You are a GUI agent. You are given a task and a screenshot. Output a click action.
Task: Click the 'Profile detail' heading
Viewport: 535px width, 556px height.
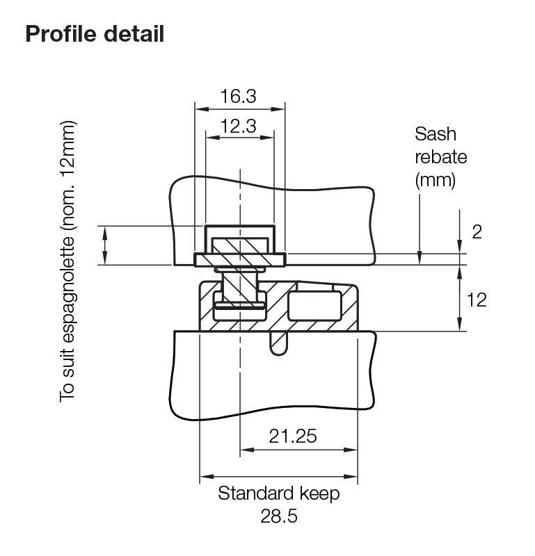[95, 33]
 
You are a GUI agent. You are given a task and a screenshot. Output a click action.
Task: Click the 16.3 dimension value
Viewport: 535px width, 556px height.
[239, 97]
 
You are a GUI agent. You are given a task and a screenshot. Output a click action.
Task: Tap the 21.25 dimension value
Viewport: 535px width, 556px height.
[293, 436]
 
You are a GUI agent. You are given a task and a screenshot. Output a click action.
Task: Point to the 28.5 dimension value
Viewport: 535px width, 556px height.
[280, 518]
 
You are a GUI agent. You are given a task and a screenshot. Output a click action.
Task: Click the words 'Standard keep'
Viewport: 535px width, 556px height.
[279, 494]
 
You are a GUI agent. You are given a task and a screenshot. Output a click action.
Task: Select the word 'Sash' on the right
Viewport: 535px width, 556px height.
[436, 133]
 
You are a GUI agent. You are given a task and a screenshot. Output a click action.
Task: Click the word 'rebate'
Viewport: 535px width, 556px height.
[441, 157]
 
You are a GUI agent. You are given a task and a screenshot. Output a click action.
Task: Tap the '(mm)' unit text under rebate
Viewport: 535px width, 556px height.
[436, 181]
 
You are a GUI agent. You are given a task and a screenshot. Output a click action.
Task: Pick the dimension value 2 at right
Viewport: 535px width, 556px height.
[477, 231]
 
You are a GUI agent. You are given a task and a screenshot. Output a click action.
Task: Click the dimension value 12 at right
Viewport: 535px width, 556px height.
[477, 300]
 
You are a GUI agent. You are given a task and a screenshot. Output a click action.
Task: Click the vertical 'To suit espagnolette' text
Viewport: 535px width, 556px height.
[67, 262]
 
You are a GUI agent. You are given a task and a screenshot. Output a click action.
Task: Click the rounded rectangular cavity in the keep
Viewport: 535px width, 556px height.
[314, 306]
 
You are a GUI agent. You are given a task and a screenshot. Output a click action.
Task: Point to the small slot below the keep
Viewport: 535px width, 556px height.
[278, 343]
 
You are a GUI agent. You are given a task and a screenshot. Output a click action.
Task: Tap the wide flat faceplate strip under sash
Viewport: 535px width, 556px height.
[239, 259]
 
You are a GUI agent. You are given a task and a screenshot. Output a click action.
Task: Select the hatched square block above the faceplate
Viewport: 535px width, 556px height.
[239, 246]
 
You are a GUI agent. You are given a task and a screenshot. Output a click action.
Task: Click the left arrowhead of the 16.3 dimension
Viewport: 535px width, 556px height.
[199, 108]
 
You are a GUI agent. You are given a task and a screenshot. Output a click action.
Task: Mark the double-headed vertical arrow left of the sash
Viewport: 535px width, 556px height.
[105, 245]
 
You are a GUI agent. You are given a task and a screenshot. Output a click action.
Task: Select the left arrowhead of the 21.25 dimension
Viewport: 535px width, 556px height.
[244, 449]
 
